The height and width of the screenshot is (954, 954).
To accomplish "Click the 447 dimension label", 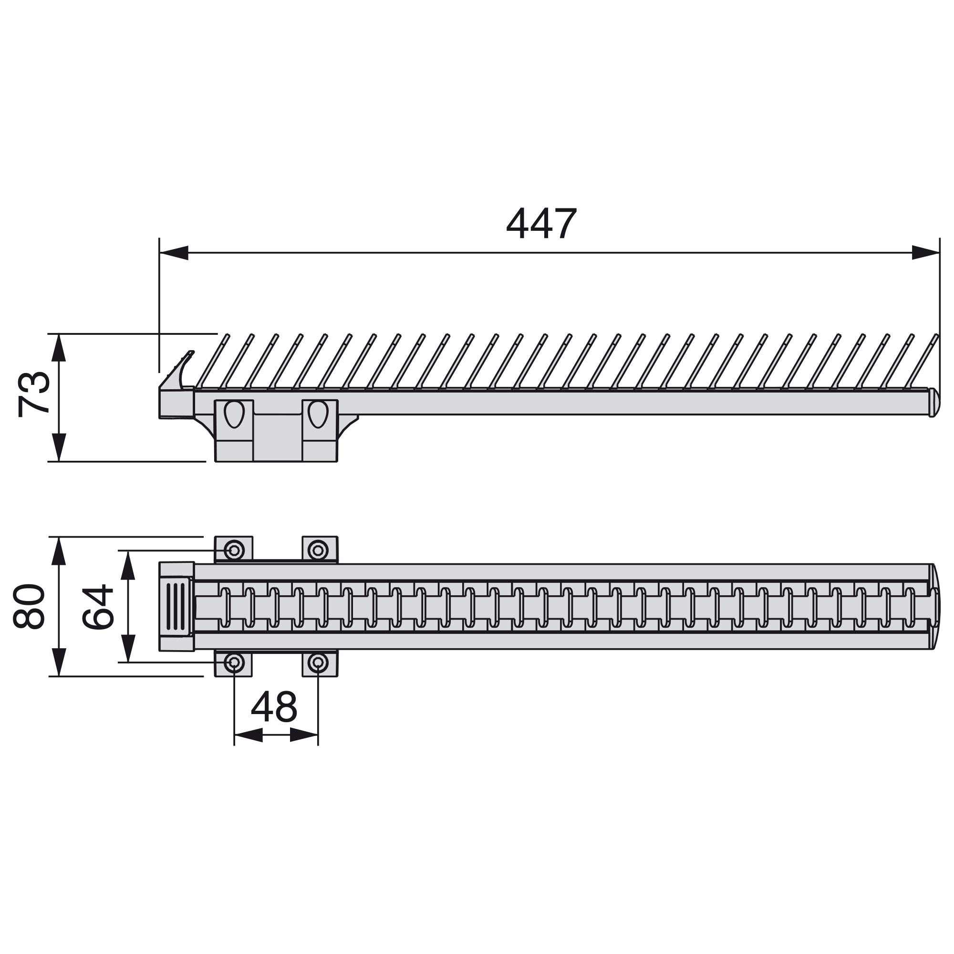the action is [x=541, y=224].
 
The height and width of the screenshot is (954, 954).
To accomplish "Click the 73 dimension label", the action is [x=34, y=395].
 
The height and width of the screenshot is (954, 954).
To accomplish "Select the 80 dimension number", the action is [x=29, y=606].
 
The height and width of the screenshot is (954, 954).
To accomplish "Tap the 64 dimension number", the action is [x=97, y=606].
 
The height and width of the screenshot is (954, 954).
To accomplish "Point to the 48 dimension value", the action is [x=274, y=706].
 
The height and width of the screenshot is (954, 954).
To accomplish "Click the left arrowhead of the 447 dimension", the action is [x=174, y=253].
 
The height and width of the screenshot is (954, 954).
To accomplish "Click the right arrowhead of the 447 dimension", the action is [x=925, y=253].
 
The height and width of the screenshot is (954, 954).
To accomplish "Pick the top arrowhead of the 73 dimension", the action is [x=59, y=348].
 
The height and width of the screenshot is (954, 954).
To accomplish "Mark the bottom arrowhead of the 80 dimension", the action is [x=59, y=662].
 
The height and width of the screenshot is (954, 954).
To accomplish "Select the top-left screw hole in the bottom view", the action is [x=234, y=550].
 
